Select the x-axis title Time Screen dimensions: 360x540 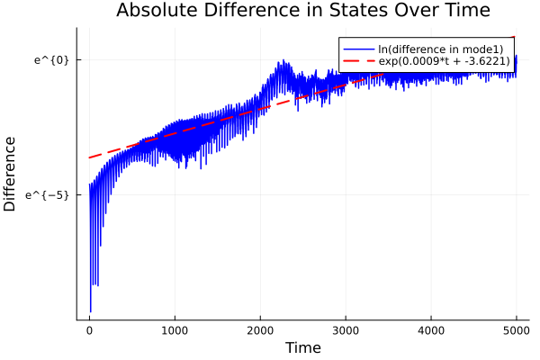(x=302, y=347)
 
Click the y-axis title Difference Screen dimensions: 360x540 (x=11, y=174)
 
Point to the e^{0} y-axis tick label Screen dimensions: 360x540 (x=51, y=60)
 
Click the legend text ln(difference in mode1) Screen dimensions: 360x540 (x=440, y=49)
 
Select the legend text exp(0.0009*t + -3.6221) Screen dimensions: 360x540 (x=445, y=61)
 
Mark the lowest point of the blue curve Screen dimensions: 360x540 (x=90, y=311)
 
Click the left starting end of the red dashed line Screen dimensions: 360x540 (x=89, y=157)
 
